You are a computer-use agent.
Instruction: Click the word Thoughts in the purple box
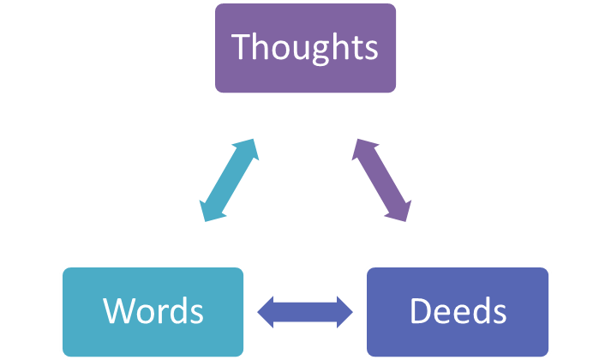pos(304,47)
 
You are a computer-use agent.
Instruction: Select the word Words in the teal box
pos(153,310)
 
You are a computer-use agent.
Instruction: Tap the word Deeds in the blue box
pos(458,310)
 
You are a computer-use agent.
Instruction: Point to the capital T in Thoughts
pos(243,47)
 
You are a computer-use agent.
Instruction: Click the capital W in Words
pos(119,310)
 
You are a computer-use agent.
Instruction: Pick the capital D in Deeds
pos(420,310)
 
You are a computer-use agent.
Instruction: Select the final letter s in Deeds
pos(497,313)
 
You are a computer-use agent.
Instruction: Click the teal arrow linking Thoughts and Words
pos(229,181)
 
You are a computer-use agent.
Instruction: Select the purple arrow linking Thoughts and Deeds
pos(381,181)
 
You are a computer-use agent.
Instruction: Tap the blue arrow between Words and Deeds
pos(305,311)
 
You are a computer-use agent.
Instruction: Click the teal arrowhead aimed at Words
pos(209,211)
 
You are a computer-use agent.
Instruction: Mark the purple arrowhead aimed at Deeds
pos(400,211)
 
